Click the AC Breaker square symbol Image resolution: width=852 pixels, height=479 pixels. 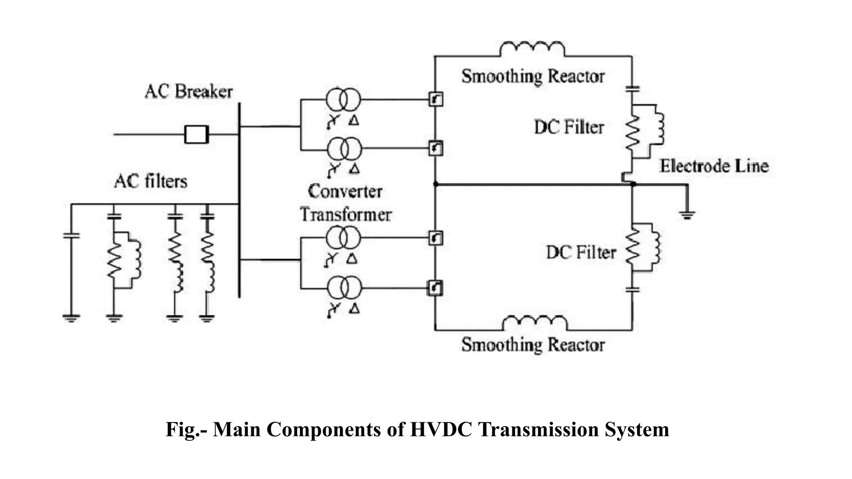click(x=196, y=134)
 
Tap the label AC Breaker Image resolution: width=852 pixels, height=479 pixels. click(x=188, y=91)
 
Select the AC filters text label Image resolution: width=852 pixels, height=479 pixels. click(x=151, y=182)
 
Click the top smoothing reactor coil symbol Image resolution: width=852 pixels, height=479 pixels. click(x=532, y=49)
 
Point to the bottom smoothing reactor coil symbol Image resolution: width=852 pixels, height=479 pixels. click(x=535, y=323)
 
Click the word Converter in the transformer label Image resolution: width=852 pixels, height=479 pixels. click(x=345, y=191)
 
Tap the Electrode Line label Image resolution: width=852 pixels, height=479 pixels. click(x=714, y=166)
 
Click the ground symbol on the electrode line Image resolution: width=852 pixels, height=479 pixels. click(x=687, y=215)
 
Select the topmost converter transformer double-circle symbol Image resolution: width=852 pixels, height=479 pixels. click(x=343, y=99)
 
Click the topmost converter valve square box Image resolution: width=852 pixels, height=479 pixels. click(x=436, y=99)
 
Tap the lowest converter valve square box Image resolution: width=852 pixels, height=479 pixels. click(x=435, y=288)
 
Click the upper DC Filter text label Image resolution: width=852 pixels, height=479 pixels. click(x=569, y=127)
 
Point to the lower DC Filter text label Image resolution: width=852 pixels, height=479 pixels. click(x=581, y=252)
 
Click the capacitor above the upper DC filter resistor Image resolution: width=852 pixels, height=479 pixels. click(x=632, y=89)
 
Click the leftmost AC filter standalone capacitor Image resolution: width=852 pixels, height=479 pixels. click(x=71, y=235)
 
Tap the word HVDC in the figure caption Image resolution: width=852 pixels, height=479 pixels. click(x=441, y=430)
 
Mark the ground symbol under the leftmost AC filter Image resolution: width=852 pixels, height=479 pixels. click(x=71, y=319)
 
